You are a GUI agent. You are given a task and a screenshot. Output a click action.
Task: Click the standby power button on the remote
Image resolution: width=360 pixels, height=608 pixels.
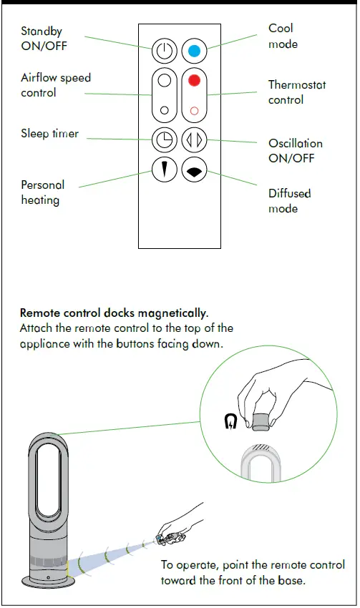click(x=164, y=52)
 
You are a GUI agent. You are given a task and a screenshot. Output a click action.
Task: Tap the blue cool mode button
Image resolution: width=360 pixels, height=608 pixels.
click(x=193, y=52)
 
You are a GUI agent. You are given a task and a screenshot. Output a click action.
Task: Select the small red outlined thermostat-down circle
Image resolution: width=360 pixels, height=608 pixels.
click(x=193, y=111)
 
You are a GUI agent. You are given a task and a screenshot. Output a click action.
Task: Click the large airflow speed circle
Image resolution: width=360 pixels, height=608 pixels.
click(x=164, y=81)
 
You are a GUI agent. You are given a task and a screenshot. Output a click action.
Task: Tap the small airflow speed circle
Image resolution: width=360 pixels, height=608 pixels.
click(x=165, y=111)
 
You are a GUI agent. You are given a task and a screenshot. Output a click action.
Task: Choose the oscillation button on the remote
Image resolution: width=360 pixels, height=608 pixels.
click(x=193, y=139)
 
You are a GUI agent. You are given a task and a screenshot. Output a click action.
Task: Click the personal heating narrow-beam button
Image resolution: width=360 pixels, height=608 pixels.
click(x=164, y=169)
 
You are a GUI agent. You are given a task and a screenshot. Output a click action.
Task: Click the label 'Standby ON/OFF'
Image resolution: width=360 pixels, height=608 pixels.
click(x=42, y=39)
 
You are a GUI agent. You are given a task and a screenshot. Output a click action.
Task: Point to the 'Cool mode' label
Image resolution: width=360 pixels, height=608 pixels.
click(x=282, y=36)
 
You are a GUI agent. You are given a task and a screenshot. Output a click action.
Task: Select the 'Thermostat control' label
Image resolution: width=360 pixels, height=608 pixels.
click(x=296, y=92)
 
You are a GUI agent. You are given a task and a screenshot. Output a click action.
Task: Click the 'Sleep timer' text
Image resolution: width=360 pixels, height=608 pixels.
click(x=49, y=134)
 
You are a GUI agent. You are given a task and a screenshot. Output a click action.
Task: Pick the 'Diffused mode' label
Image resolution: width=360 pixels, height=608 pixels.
click(x=289, y=201)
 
